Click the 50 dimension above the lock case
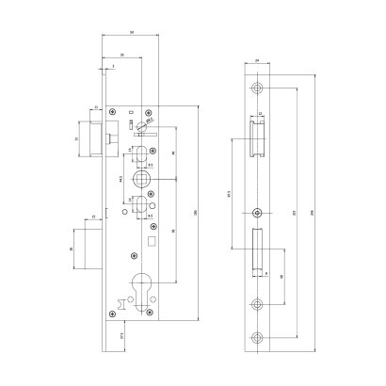pyautogui.click(x=132, y=34)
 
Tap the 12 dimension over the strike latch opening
pyautogui.click(x=259, y=118)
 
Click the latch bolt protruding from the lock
pyautogui.click(x=92, y=140)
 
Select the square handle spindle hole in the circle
pyautogui.click(x=141, y=178)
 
